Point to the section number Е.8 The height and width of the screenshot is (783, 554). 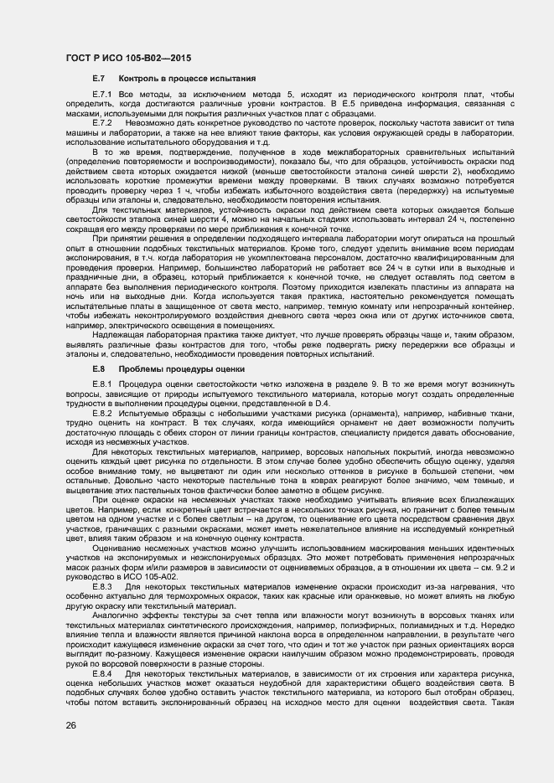pyautogui.click(x=97, y=368)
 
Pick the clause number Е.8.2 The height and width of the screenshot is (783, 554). pyautogui.click(x=102, y=415)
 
